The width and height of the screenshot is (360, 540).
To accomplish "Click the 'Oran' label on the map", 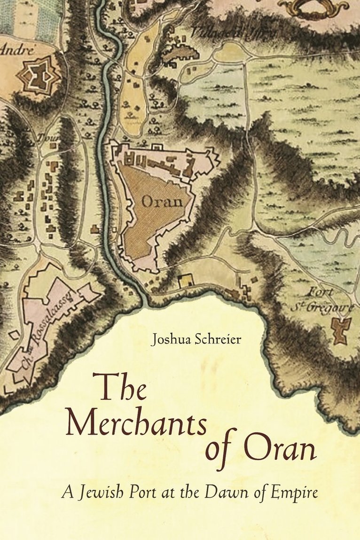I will pyautogui.click(x=162, y=202).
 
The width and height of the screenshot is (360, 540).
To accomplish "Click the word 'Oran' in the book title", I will pyautogui.click(x=282, y=449).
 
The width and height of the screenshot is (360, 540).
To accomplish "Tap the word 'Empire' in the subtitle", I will pyautogui.click(x=292, y=493).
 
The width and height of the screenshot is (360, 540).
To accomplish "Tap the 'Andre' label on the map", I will pyautogui.click(x=18, y=49).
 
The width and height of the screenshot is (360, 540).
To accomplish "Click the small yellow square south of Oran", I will pyautogui.click(x=186, y=281).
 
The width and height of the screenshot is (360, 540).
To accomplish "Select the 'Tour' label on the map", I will pyautogui.click(x=48, y=138).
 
